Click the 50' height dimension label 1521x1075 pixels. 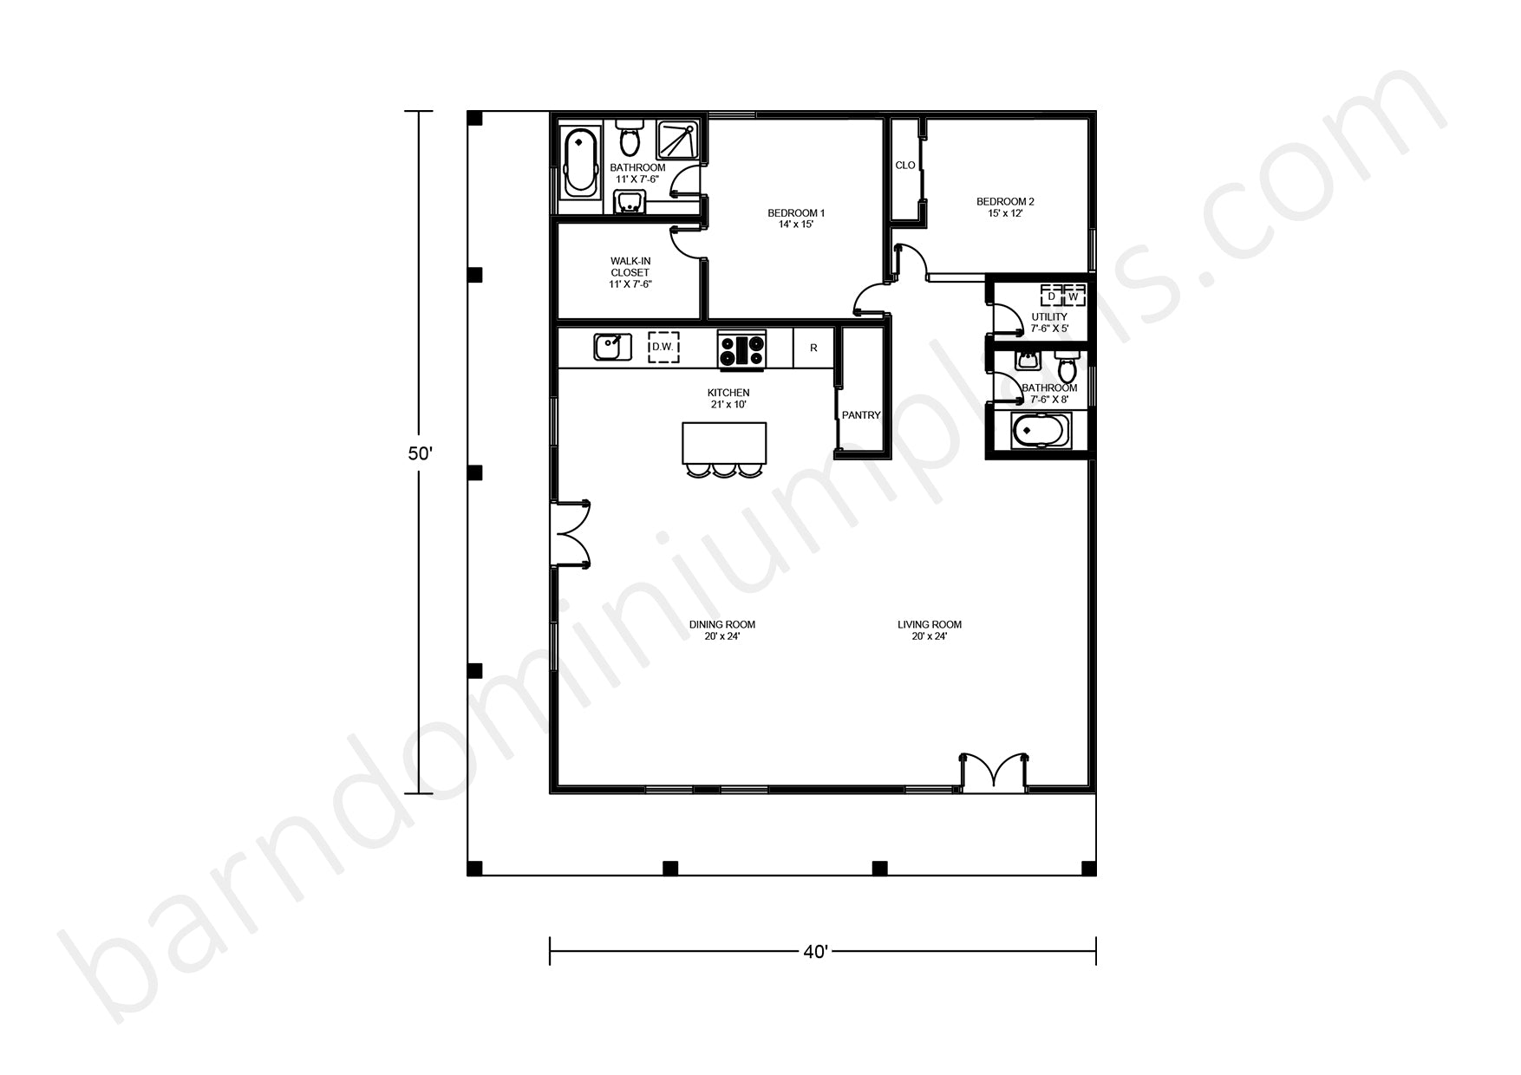(x=421, y=453)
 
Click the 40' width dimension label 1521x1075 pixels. (x=815, y=952)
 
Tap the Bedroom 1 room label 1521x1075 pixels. (x=795, y=218)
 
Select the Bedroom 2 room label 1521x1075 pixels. (x=1005, y=207)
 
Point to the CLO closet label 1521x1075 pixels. (x=904, y=166)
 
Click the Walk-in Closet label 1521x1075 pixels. (x=630, y=272)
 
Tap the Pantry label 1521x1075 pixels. (x=861, y=415)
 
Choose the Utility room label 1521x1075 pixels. (x=1049, y=322)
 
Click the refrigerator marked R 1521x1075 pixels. (x=813, y=348)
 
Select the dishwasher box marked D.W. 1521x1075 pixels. (x=663, y=347)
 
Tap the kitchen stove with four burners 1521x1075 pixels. (x=741, y=349)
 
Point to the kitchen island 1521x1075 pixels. (x=724, y=444)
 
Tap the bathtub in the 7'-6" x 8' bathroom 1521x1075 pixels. (x=1041, y=431)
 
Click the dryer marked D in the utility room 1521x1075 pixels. (x=1052, y=296)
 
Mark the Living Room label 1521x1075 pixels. (x=929, y=630)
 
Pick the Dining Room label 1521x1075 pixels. (x=721, y=630)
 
